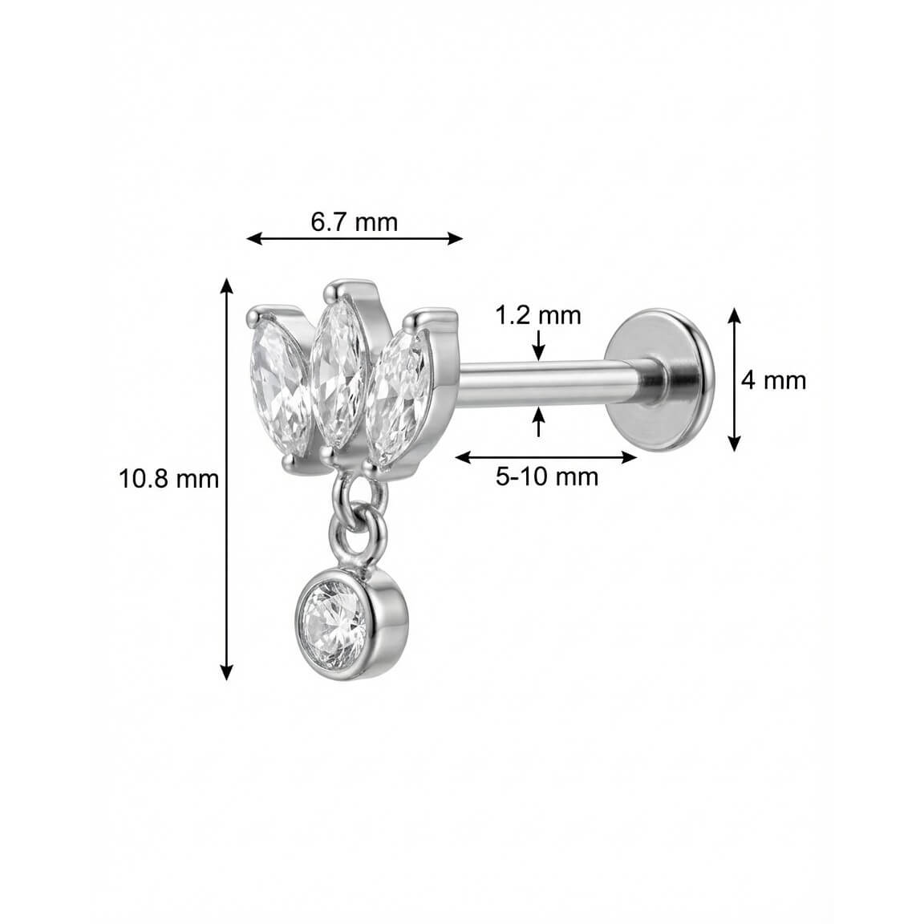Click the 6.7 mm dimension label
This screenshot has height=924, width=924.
coord(355,222)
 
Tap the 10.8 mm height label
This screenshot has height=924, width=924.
coord(168,479)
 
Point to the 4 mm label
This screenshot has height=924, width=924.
coord(773,380)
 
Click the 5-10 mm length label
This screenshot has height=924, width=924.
coord(547,476)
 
